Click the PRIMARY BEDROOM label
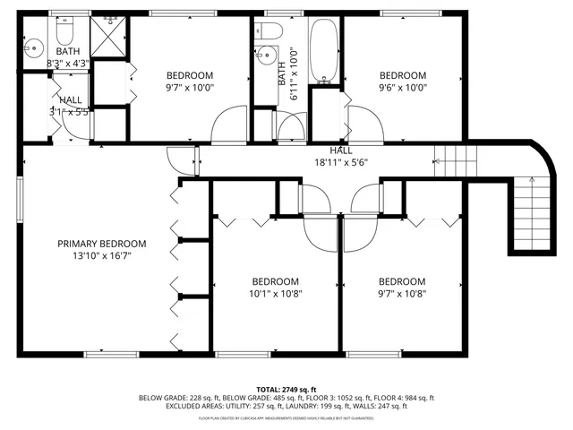pyautogui.click(x=101, y=244)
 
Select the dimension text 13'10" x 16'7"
pyautogui.click(x=101, y=255)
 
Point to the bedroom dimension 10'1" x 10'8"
pyautogui.click(x=275, y=292)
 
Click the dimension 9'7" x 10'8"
pyautogui.click(x=401, y=292)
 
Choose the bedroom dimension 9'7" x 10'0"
pyautogui.click(x=190, y=88)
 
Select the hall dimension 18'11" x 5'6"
pyautogui.click(x=340, y=162)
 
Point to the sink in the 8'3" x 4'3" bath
pyautogui.click(x=34, y=47)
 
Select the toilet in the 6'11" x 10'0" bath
pyautogui.click(x=270, y=31)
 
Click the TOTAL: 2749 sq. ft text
pyautogui.click(x=286, y=389)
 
